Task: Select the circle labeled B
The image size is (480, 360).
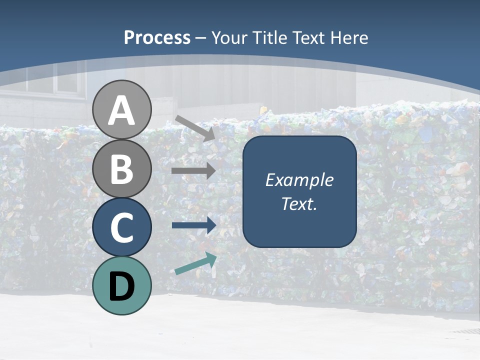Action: pyautogui.click(x=122, y=168)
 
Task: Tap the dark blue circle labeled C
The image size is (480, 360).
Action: pyautogui.click(x=122, y=227)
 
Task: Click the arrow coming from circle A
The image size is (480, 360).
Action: pyautogui.click(x=195, y=127)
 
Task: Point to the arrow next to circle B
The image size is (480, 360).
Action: pyautogui.click(x=193, y=171)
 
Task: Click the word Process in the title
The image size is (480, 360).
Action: pyautogui.click(x=157, y=38)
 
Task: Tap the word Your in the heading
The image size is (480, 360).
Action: pyautogui.click(x=230, y=38)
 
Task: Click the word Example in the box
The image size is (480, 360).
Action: pyautogui.click(x=299, y=180)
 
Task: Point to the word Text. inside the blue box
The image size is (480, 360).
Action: pyautogui.click(x=299, y=204)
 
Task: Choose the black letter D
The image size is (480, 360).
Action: pyautogui.click(x=122, y=286)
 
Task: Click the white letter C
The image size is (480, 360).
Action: pyautogui.click(x=122, y=227)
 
